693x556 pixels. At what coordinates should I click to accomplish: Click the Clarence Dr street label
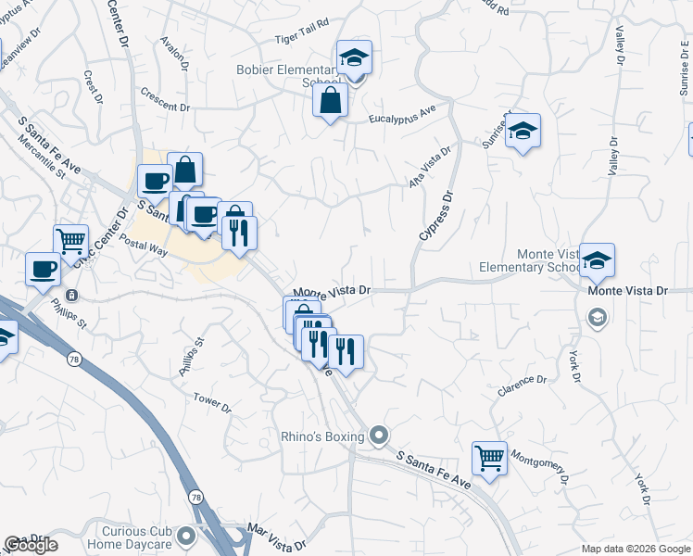pyautogui.click(x=522, y=385)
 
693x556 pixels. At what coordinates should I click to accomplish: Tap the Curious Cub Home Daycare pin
pyautogui.click(x=187, y=536)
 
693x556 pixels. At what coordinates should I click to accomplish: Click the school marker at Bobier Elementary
pyautogui.click(x=353, y=59)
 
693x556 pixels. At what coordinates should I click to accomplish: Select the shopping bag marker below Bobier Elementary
pyautogui.click(x=331, y=102)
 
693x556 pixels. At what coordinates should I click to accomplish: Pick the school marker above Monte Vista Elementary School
pyautogui.click(x=598, y=261)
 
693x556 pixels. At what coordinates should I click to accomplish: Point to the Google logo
pyautogui.click(x=31, y=545)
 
